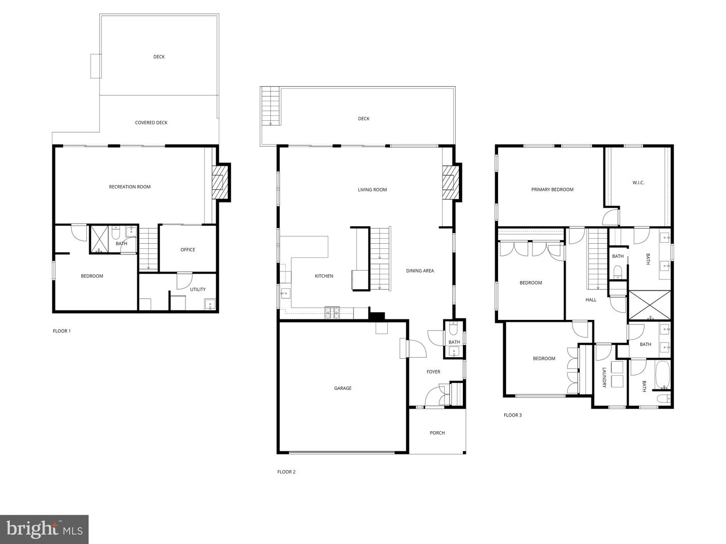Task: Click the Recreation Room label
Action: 130,187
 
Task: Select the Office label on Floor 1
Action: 188,250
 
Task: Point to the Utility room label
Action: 198,289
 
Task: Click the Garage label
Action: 343,388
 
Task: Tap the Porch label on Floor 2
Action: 437,433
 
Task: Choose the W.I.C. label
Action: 638,183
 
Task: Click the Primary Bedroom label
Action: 552,189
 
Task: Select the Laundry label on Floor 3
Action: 604,378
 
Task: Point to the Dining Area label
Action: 420,271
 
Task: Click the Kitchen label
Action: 324,276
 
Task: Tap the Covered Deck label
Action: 151,122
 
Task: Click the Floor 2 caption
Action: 286,471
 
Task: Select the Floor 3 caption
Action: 512,415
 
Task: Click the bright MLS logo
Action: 44,529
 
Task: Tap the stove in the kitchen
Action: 332,312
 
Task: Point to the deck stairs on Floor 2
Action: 271,106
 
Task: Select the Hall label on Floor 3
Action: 591,300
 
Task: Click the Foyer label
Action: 433,372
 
